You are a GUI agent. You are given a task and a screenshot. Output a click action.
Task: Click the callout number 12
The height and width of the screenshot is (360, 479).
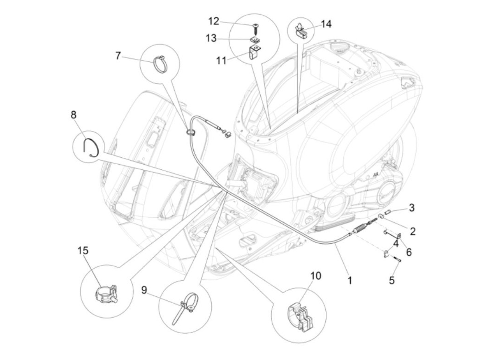click(x=213, y=21)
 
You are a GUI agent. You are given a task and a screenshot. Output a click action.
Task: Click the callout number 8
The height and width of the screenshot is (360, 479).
click(x=74, y=115)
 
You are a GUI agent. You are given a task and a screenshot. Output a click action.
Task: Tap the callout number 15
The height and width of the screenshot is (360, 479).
click(x=83, y=251)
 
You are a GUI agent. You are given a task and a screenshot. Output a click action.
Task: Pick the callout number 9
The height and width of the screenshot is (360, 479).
click(x=144, y=290)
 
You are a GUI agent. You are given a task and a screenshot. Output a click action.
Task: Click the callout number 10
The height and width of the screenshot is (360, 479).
click(x=316, y=275)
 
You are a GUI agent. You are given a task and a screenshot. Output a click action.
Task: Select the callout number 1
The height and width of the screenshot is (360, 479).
click(x=349, y=281)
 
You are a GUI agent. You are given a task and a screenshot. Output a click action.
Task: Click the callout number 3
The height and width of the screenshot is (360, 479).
click(x=412, y=207)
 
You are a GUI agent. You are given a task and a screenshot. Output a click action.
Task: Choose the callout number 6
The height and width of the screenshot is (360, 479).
click(x=409, y=253)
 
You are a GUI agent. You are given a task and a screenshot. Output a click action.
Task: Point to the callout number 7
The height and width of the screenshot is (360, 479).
click(x=118, y=55)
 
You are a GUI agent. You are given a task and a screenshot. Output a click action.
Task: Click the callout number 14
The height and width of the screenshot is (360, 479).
click(x=326, y=24)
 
